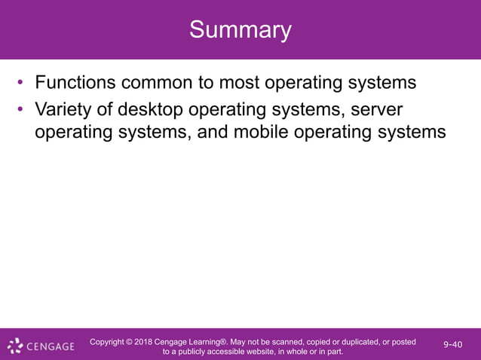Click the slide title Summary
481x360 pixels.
240,30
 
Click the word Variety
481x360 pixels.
65,110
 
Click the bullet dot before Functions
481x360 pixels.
22,81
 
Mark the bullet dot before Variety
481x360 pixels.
22,110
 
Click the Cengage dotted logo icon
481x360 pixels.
15,346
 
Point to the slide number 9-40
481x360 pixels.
453,345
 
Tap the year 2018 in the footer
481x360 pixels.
144,342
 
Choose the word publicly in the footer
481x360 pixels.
196,352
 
